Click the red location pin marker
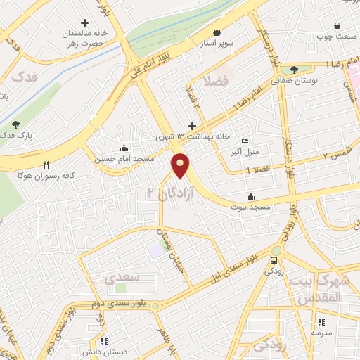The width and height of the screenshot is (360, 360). tap(181, 165)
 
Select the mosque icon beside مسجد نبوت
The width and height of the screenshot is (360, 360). tap(251, 196)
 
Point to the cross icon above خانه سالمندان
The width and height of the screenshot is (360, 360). tap(84, 22)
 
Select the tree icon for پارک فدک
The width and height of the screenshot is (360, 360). tap(16, 124)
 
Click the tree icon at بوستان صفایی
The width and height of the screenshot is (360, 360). tap(295, 70)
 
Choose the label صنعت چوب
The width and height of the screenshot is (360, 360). tap(333, 35)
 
